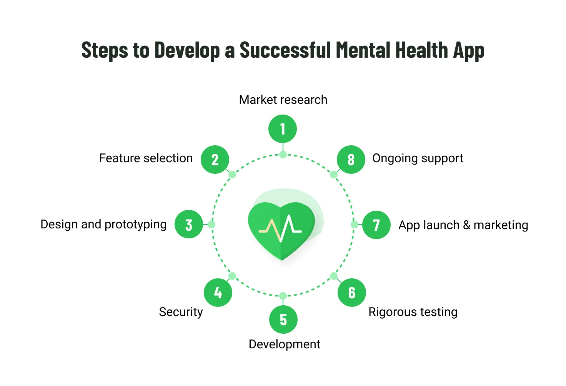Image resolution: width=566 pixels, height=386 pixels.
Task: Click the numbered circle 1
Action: point(283,129)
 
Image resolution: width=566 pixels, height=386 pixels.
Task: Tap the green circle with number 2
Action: point(215,160)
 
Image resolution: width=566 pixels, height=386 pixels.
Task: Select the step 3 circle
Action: point(189,225)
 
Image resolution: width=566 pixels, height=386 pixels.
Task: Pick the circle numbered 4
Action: point(218,293)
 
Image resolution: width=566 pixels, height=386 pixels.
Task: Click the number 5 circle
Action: point(283,319)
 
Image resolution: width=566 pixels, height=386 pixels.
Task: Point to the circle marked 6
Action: point(352,293)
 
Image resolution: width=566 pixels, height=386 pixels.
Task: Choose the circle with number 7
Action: point(376,225)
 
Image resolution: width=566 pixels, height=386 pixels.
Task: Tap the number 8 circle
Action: point(351,160)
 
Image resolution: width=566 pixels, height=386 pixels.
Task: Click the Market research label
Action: point(283,100)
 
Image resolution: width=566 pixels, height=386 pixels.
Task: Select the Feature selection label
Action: point(146,158)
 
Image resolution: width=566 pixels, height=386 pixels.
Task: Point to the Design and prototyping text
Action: point(103,225)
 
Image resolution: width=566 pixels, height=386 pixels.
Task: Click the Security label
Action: point(181,312)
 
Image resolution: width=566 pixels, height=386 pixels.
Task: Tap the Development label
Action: point(284,344)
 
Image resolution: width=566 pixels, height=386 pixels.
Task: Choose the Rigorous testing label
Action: point(413,312)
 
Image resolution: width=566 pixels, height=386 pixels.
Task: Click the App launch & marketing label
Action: point(463,225)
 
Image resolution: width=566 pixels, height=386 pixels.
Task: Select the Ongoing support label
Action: point(418,158)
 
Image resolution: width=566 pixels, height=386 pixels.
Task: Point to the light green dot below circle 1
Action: point(283,155)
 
